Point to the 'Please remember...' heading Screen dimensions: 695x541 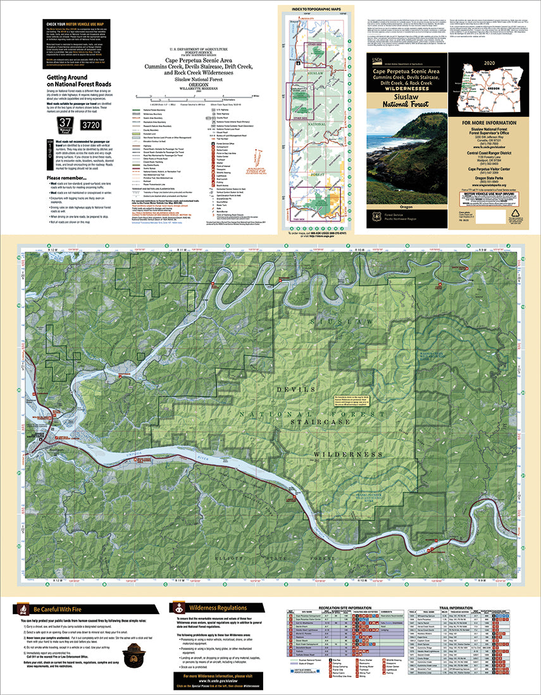tap(70, 178)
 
